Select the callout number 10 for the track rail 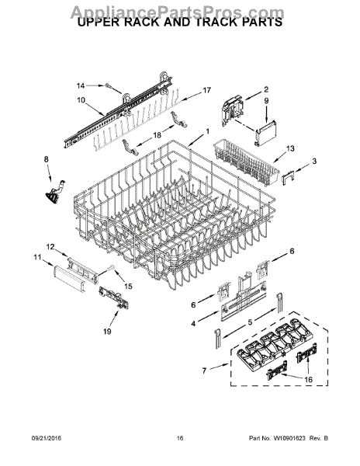(x=81, y=100)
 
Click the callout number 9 (x=265, y=100)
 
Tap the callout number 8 (x=46, y=159)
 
